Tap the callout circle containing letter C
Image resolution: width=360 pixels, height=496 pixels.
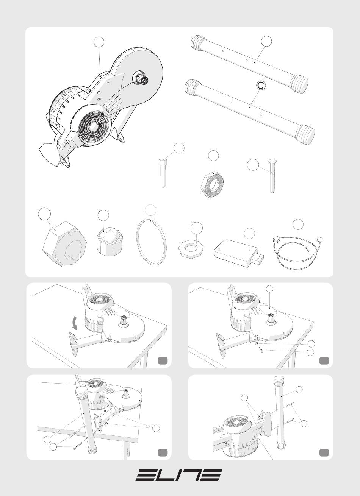point(261,85)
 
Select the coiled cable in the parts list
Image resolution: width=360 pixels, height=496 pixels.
point(297,253)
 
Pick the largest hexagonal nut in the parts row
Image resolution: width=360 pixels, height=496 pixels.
point(64,244)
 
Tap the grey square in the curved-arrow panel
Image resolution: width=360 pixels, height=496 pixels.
point(163,361)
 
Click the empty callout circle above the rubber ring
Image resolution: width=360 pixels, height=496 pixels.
point(150,210)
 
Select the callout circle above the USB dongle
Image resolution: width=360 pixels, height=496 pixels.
point(249,233)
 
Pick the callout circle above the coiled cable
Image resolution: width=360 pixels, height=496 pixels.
point(298,225)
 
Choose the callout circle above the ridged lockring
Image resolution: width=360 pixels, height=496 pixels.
point(213,156)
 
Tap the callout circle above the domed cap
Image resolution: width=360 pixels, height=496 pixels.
point(103,215)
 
